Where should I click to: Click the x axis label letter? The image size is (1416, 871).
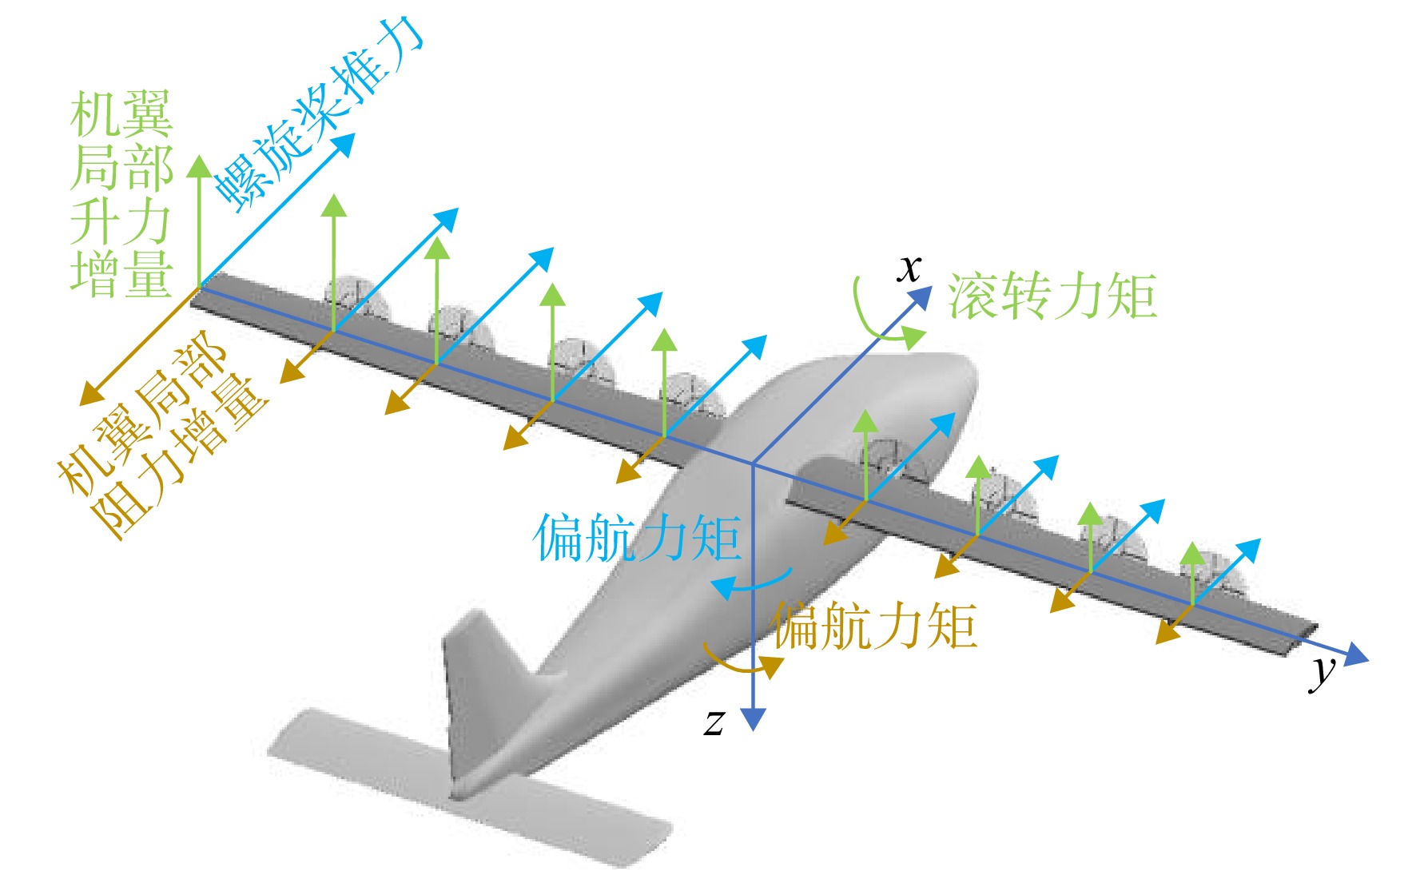click(909, 269)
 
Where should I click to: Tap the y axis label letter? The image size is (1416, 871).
click(1323, 671)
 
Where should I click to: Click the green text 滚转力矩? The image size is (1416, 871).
click(1052, 296)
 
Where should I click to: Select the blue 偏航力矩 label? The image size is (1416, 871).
click(637, 538)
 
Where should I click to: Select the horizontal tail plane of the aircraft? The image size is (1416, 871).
click(471, 791)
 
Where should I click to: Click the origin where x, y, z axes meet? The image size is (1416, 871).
click(753, 463)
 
